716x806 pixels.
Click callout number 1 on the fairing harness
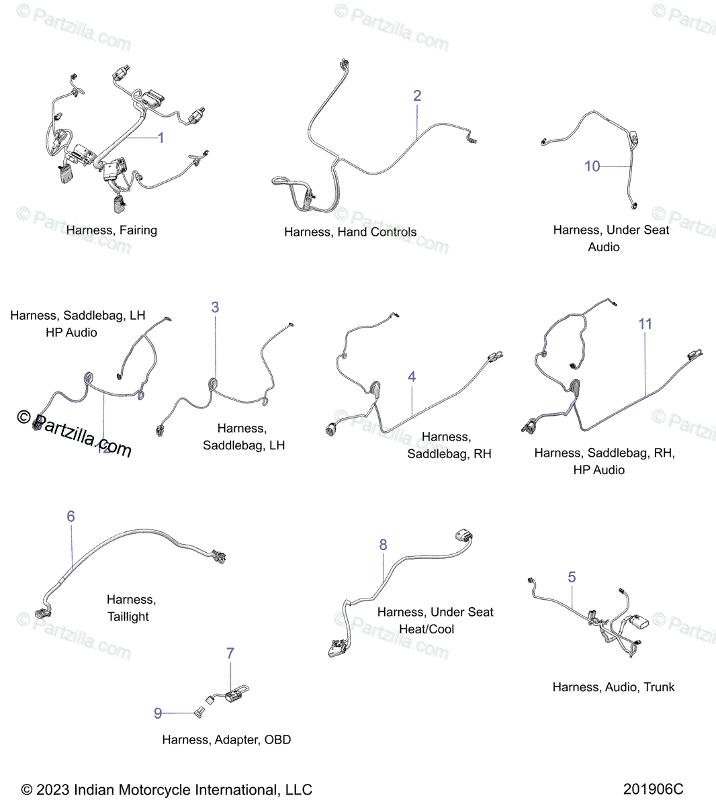click(x=161, y=138)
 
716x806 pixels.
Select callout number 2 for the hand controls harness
click(x=417, y=96)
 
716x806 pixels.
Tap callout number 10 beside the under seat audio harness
click(x=592, y=166)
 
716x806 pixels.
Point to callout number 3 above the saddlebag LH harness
click(x=215, y=307)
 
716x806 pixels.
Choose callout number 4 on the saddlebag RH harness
click(x=412, y=377)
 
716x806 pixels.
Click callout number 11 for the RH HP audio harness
click(x=645, y=324)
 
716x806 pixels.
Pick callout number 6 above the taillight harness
click(x=71, y=517)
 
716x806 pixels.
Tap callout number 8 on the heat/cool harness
click(x=383, y=545)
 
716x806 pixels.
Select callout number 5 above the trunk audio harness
click(x=572, y=577)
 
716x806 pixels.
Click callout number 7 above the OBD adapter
click(x=230, y=653)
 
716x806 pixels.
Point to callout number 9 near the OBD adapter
click(x=158, y=713)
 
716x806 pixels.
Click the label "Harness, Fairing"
click(x=111, y=230)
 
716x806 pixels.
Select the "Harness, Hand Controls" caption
click(x=350, y=232)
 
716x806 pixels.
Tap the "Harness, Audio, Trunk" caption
click(x=613, y=687)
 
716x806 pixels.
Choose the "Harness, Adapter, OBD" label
click(x=226, y=740)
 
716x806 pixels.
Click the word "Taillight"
click(x=128, y=617)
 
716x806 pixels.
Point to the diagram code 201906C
click(x=653, y=789)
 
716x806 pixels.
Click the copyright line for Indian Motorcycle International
click(x=167, y=790)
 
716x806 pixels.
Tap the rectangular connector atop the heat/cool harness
click(x=463, y=536)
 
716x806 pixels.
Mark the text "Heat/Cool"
click(x=427, y=629)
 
